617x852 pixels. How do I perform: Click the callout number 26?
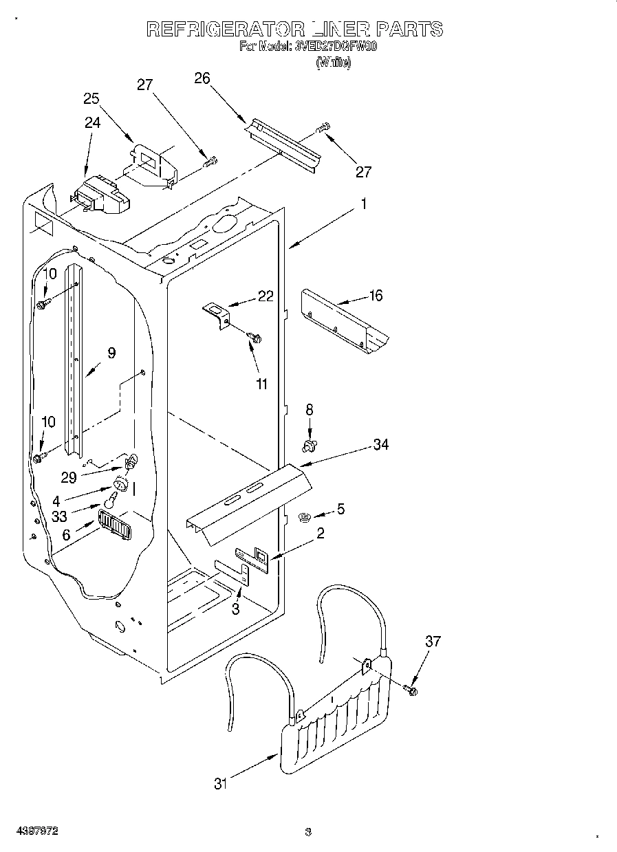202,78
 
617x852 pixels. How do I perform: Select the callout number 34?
380,445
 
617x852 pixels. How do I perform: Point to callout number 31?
220,783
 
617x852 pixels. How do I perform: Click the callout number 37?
433,642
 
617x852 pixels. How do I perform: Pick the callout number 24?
92,123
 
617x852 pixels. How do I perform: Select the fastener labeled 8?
309,447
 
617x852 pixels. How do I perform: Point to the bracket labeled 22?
217,315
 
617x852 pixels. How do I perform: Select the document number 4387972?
38,831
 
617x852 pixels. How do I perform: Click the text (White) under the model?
333,63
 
